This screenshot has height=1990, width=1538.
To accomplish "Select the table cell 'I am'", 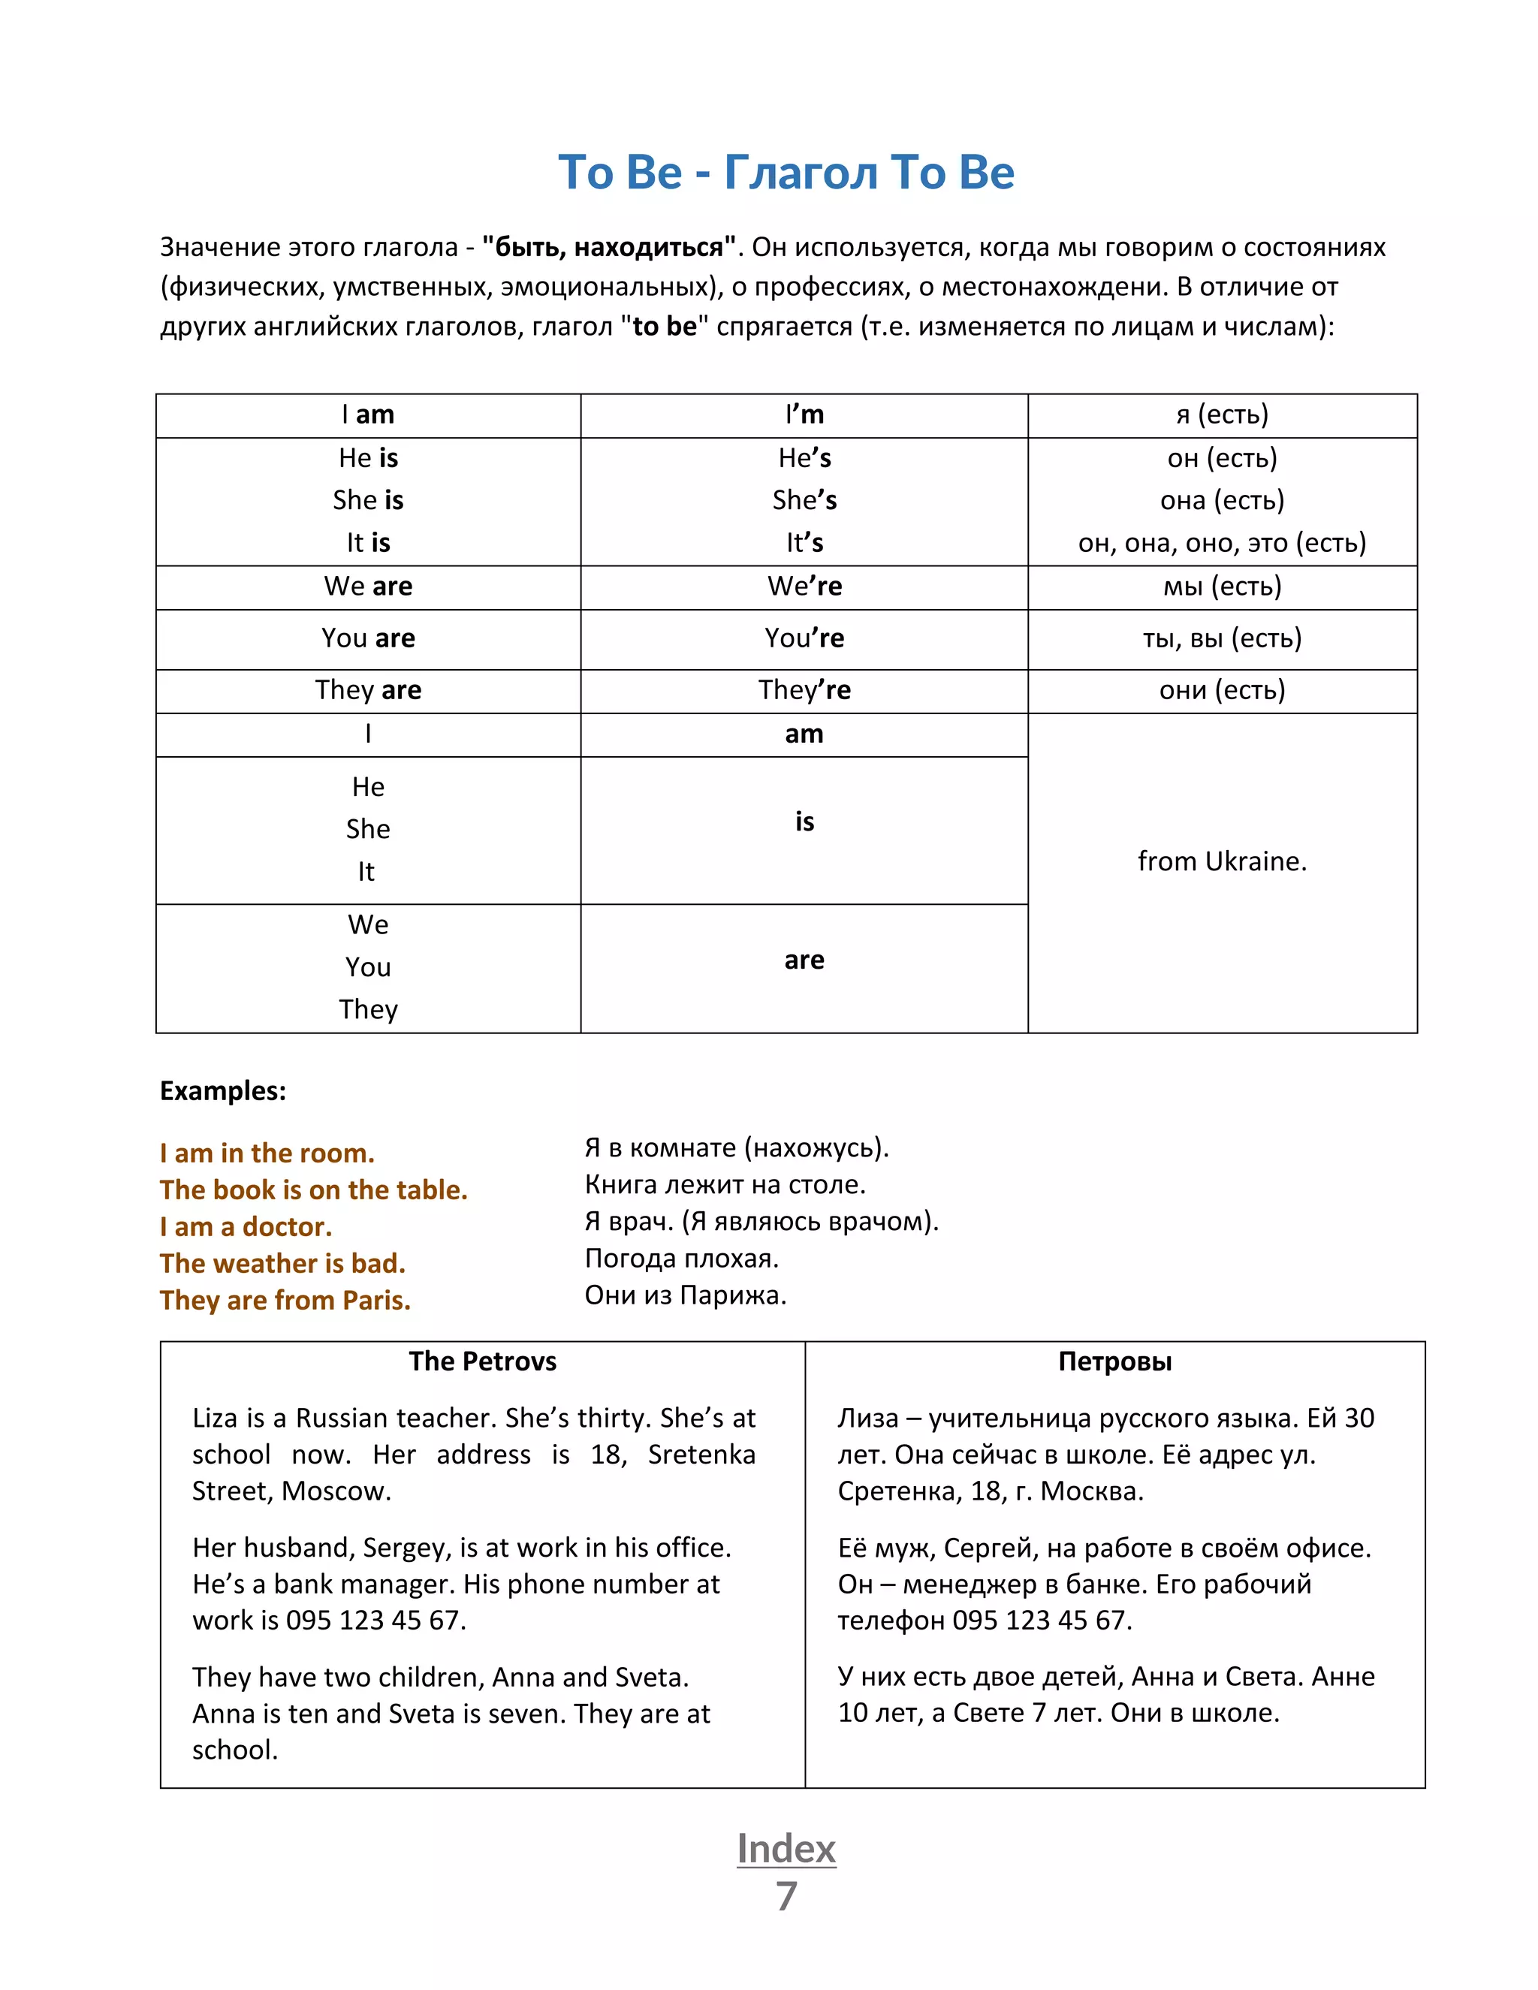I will pos(368,415).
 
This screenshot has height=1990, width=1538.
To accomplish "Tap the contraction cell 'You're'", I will pos(804,638).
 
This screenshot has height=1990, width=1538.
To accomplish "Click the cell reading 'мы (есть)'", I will pos(1222,586).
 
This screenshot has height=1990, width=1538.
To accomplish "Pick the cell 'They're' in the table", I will pos(804,690).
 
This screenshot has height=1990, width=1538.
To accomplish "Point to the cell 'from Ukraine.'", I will pos(1222,861).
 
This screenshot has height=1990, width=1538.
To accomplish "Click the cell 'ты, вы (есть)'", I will pos(1222,638).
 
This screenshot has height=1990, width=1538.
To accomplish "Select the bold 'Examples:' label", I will pos(223,1090).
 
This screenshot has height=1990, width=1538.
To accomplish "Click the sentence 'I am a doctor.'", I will pos(246,1226).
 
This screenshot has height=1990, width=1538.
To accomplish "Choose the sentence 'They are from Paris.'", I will pos(285,1300).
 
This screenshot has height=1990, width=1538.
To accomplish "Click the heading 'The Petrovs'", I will pos(482,1361).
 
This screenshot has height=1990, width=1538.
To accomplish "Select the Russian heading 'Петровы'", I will pos(1114,1361).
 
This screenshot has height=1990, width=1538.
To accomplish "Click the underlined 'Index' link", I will pos(786,1849).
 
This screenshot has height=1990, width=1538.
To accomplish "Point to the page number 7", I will pos(786,1896).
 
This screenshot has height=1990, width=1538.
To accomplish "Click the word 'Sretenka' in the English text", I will pos(701,1455).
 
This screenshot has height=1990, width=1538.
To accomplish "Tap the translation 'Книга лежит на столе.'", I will pos(725,1184).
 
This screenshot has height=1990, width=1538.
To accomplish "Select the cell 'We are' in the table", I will pos(368,586).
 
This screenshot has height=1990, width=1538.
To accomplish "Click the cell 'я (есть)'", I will pos(1222,415).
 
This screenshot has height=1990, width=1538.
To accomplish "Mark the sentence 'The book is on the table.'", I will pos(313,1190).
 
